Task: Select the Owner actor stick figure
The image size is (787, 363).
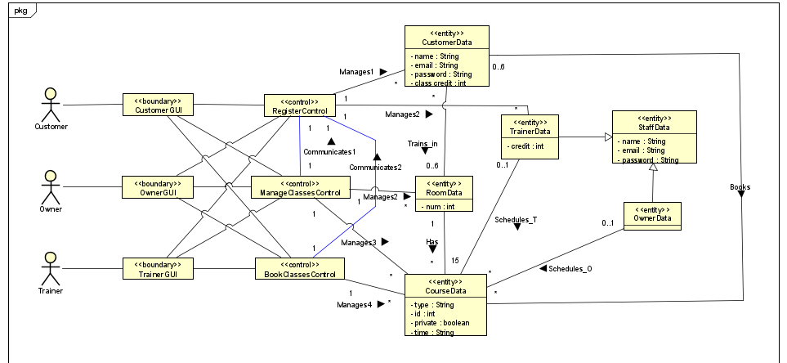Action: tap(51, 187)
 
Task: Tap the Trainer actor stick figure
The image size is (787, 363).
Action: tap(51, 269)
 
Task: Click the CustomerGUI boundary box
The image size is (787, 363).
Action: tap(157, 105)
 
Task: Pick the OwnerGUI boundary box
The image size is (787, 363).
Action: tap(157, 187)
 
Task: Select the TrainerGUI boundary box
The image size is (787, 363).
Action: tap(157, 269)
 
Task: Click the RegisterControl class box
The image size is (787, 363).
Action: tap(298, 105)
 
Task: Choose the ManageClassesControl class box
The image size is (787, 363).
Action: tap(300, 187)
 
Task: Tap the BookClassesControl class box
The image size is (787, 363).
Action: tap(299, 269)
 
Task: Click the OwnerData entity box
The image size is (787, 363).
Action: tap(651, 214)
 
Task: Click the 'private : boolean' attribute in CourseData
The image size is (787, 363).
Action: tap(442, 322)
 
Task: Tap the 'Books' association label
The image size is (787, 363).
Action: tap(740, 187)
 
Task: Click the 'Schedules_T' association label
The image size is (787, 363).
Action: tap(516, 219)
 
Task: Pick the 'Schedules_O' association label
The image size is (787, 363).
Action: tap(570, 268)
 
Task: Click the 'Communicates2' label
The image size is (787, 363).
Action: tap(375, 167)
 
